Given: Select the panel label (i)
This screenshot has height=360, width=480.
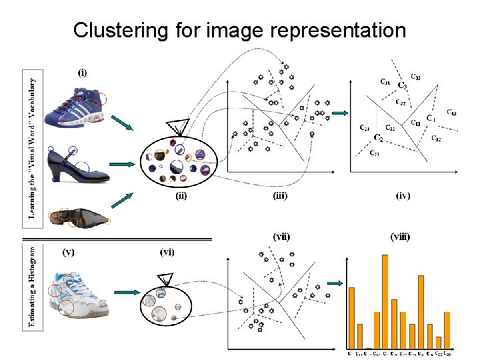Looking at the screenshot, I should coord(81,73).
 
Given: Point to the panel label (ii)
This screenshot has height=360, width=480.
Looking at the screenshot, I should coord(180,196).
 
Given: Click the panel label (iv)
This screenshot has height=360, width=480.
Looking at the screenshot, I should coord(403,196).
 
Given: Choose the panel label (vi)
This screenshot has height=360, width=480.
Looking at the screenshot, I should coord(167,251).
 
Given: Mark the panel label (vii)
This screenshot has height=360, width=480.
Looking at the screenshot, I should coord(281,236).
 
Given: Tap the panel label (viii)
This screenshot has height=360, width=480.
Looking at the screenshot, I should coord(400,236).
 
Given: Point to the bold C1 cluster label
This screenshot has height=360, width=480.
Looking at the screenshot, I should coord(431,119).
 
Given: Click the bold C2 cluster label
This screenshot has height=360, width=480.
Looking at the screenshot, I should coord(378,138).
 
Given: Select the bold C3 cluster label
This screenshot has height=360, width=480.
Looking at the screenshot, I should coord(402,85).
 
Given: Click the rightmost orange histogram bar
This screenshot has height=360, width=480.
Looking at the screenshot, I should coord(447,330).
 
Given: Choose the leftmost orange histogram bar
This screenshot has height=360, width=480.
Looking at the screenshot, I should coord(351,317).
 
